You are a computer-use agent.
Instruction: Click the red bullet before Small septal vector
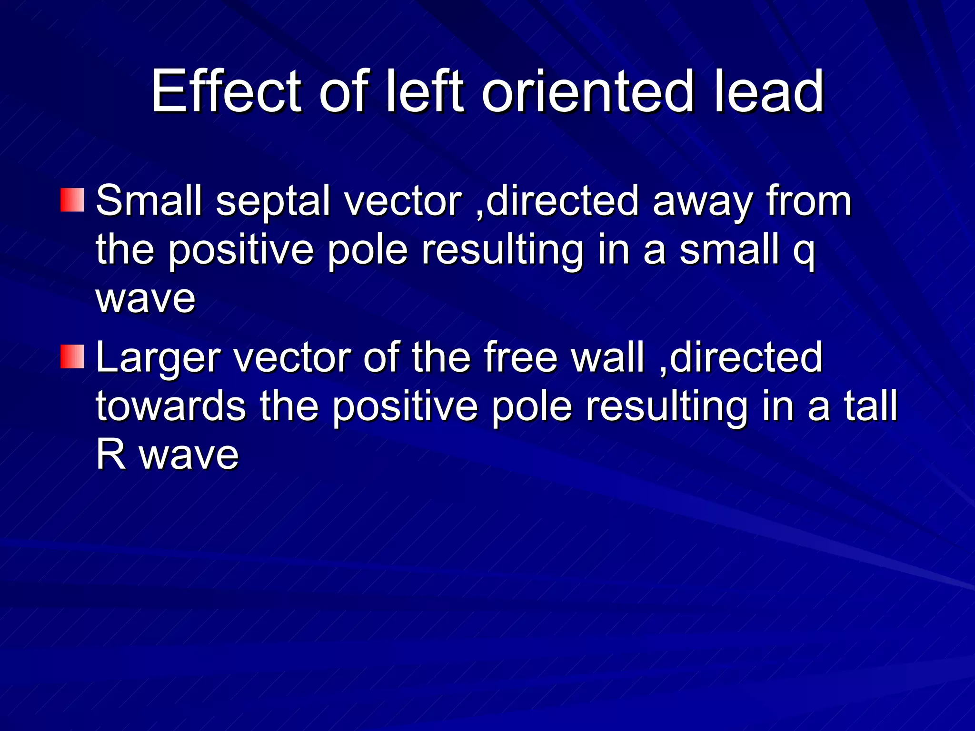pyautogui.click(x=72, y=200)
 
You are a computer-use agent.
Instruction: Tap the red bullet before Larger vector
pyautogui.click(x=72, y=357)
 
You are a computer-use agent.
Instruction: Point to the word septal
pyautogui.click(x=273, y=201)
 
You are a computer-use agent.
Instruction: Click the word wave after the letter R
pyautogui.click(x=189, y=455)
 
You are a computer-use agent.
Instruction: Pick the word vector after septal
pyautogui.click(x=403, y=201)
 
